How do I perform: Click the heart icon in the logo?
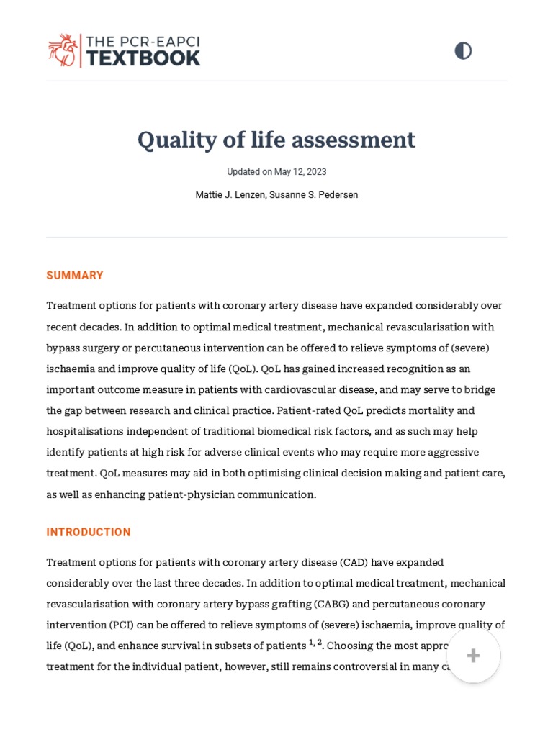pos(63,50)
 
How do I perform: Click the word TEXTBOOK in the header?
pos(143,58)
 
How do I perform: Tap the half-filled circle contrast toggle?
pos(463,50)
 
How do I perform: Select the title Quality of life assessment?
pos(276,140)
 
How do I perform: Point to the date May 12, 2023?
pos(300,172)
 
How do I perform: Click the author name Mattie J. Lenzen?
pos(230,195)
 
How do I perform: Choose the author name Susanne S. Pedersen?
pos(314,195)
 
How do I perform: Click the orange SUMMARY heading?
pos(75,276)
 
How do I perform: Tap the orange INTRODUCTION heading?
pos(89,533)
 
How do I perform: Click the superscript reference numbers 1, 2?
pos(315,643)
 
